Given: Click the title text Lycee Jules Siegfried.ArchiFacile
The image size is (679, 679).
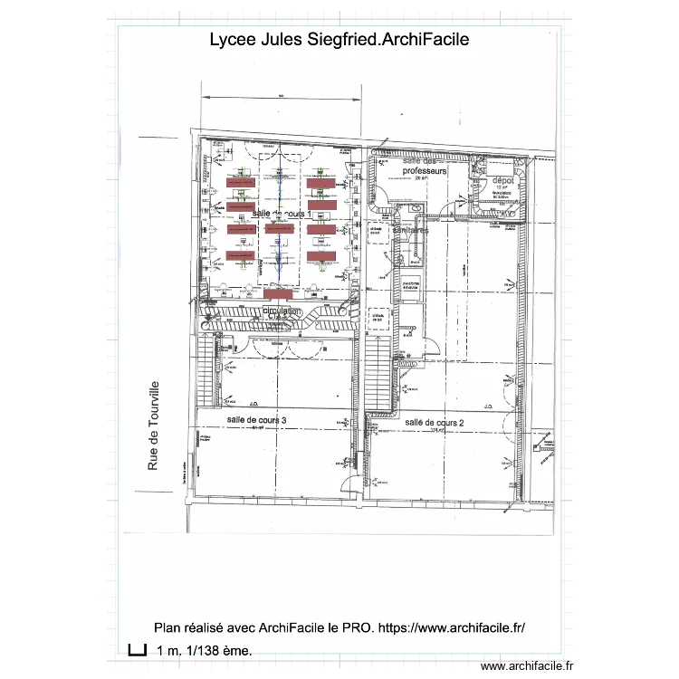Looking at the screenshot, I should coord(339,40).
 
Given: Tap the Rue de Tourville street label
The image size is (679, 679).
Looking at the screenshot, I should coord(153,425).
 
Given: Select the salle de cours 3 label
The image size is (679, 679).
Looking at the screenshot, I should coord(257,421).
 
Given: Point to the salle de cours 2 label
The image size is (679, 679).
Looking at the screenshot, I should coord(435,422).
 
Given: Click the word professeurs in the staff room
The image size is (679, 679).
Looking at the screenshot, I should coord(426,170).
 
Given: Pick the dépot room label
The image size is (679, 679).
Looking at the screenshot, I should coord(502,181).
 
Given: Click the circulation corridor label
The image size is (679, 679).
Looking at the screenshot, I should coord(281,311).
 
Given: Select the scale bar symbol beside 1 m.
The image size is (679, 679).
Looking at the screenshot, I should coord(137,649).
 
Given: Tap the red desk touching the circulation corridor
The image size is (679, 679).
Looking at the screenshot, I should coord(278,294).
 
